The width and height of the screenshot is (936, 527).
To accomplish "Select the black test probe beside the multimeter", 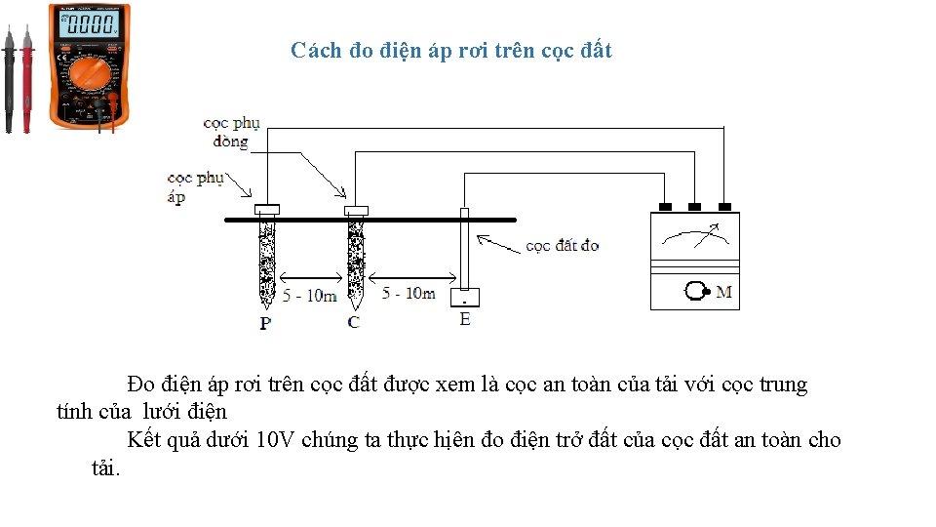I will [9, 78].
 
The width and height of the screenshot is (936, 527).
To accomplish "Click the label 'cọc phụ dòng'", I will [231, 133].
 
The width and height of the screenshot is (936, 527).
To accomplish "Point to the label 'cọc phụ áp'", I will [195, 187].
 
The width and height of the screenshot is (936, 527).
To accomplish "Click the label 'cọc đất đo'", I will [563, 245].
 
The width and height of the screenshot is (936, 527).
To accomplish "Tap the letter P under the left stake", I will [265, 322].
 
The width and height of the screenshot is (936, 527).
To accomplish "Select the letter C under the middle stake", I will [353, 322].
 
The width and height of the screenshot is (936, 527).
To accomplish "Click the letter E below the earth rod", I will [465, 319].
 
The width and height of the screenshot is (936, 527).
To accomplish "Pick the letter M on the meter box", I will [724, 291].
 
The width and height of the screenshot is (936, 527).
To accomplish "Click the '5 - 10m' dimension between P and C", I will [309, 295].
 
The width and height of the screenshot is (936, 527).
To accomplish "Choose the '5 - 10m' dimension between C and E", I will [409, 293].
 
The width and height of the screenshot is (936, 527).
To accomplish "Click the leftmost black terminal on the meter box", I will [665, 207].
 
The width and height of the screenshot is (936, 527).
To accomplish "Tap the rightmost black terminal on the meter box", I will [724, 207].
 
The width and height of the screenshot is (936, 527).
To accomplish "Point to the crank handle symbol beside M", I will [698, 292].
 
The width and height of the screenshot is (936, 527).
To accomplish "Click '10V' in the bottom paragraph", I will [276, 440].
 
